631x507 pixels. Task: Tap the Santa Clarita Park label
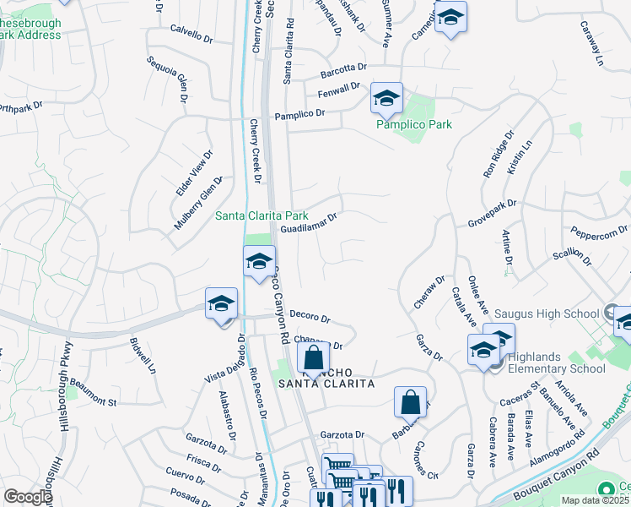[261, 216]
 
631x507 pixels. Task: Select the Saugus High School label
[547, 314]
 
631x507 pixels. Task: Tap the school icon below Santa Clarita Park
[259, 261]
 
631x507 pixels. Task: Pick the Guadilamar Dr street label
[309, 223]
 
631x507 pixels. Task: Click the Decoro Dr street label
[310, 316]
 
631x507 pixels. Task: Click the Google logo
[28, 497]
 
